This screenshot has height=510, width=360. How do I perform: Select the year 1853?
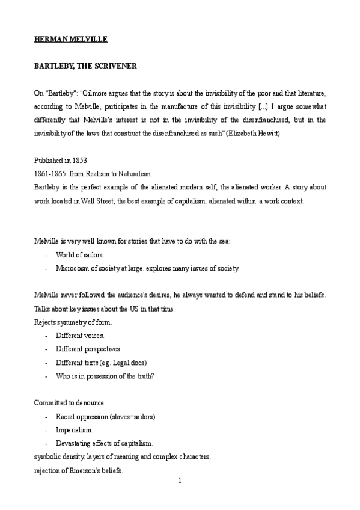79,161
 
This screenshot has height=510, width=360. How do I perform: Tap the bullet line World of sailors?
79,255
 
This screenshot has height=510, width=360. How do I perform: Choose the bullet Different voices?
80,335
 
